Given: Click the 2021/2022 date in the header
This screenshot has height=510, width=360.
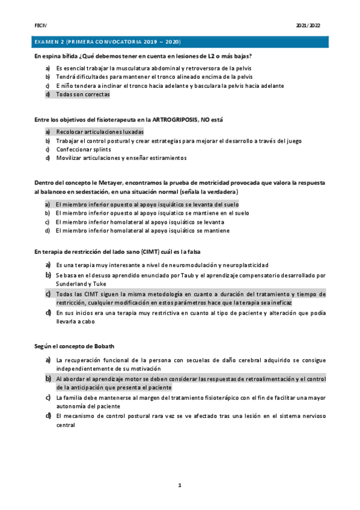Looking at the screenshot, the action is click(308, 26).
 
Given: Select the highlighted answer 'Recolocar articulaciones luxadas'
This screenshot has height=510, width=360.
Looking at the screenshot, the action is click(100, 131).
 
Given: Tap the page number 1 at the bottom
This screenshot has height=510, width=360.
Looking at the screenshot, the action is click(179, 484).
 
